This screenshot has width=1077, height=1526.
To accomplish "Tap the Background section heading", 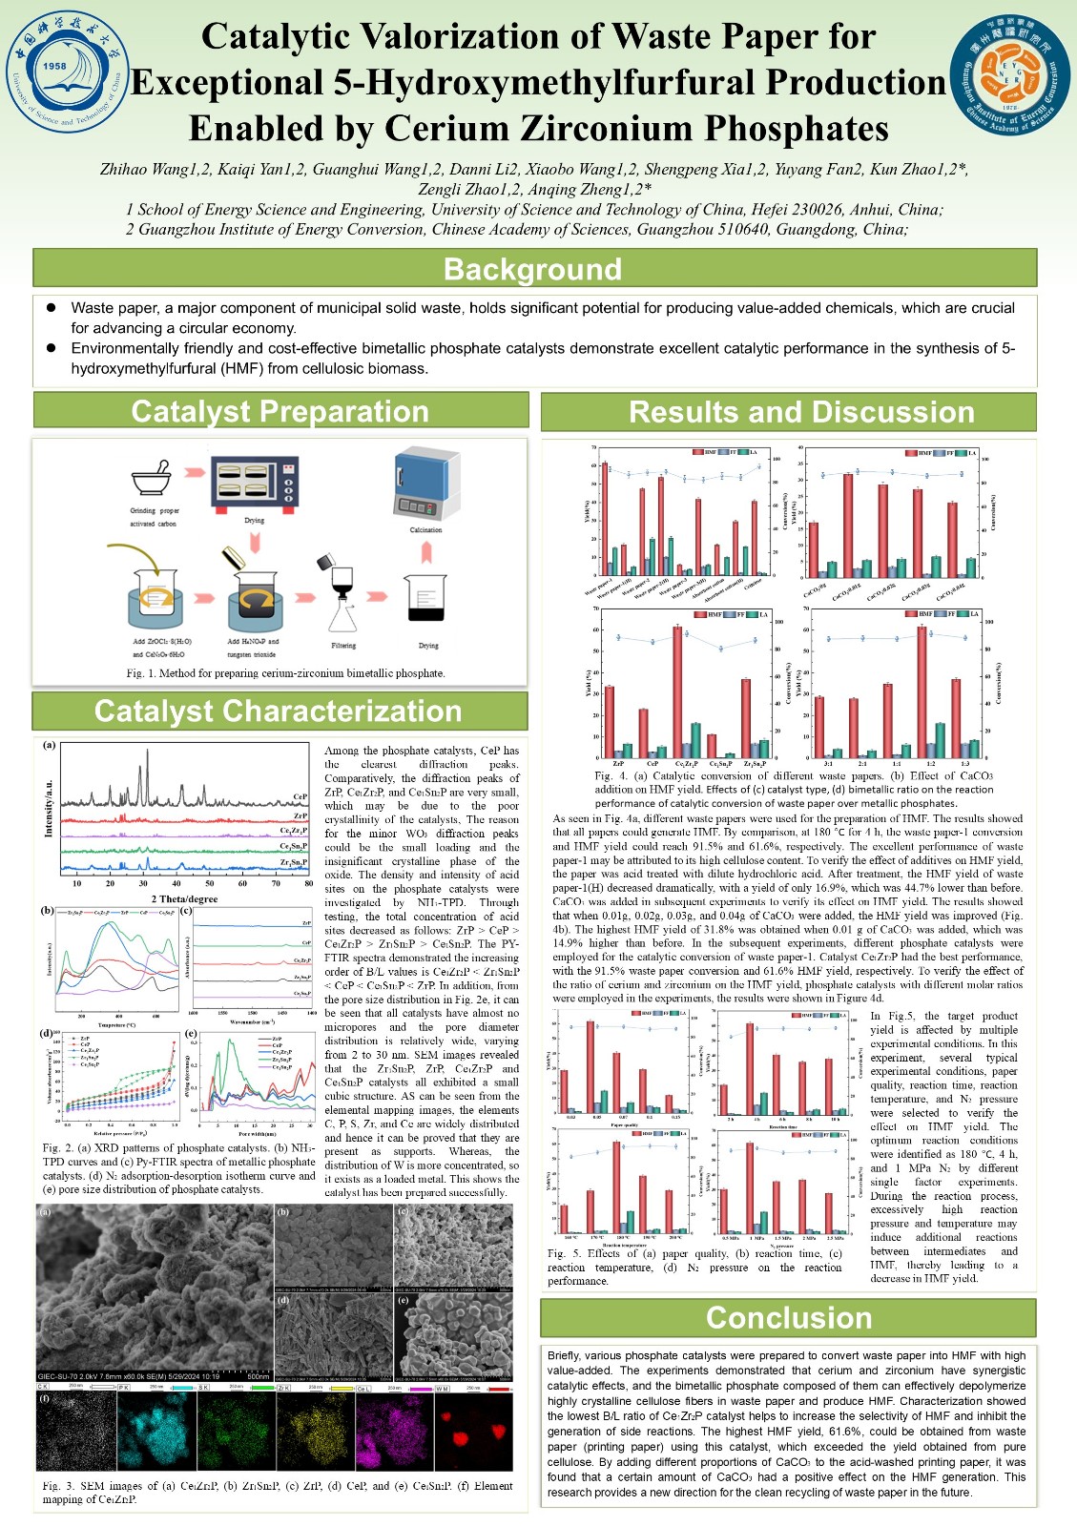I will [x=533, y=269].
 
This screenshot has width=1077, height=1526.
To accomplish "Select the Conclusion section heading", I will [x=788, y=1317].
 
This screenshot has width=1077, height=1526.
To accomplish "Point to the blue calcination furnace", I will [x=425, y=485].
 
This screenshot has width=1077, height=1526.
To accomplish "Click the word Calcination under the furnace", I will [x=425, y=529].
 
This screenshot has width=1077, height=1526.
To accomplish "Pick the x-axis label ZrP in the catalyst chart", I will [x=619, y=764].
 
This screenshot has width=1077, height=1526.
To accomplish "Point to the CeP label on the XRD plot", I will [x=300, y=795].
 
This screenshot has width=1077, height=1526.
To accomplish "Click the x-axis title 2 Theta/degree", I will [x=184, y=898].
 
